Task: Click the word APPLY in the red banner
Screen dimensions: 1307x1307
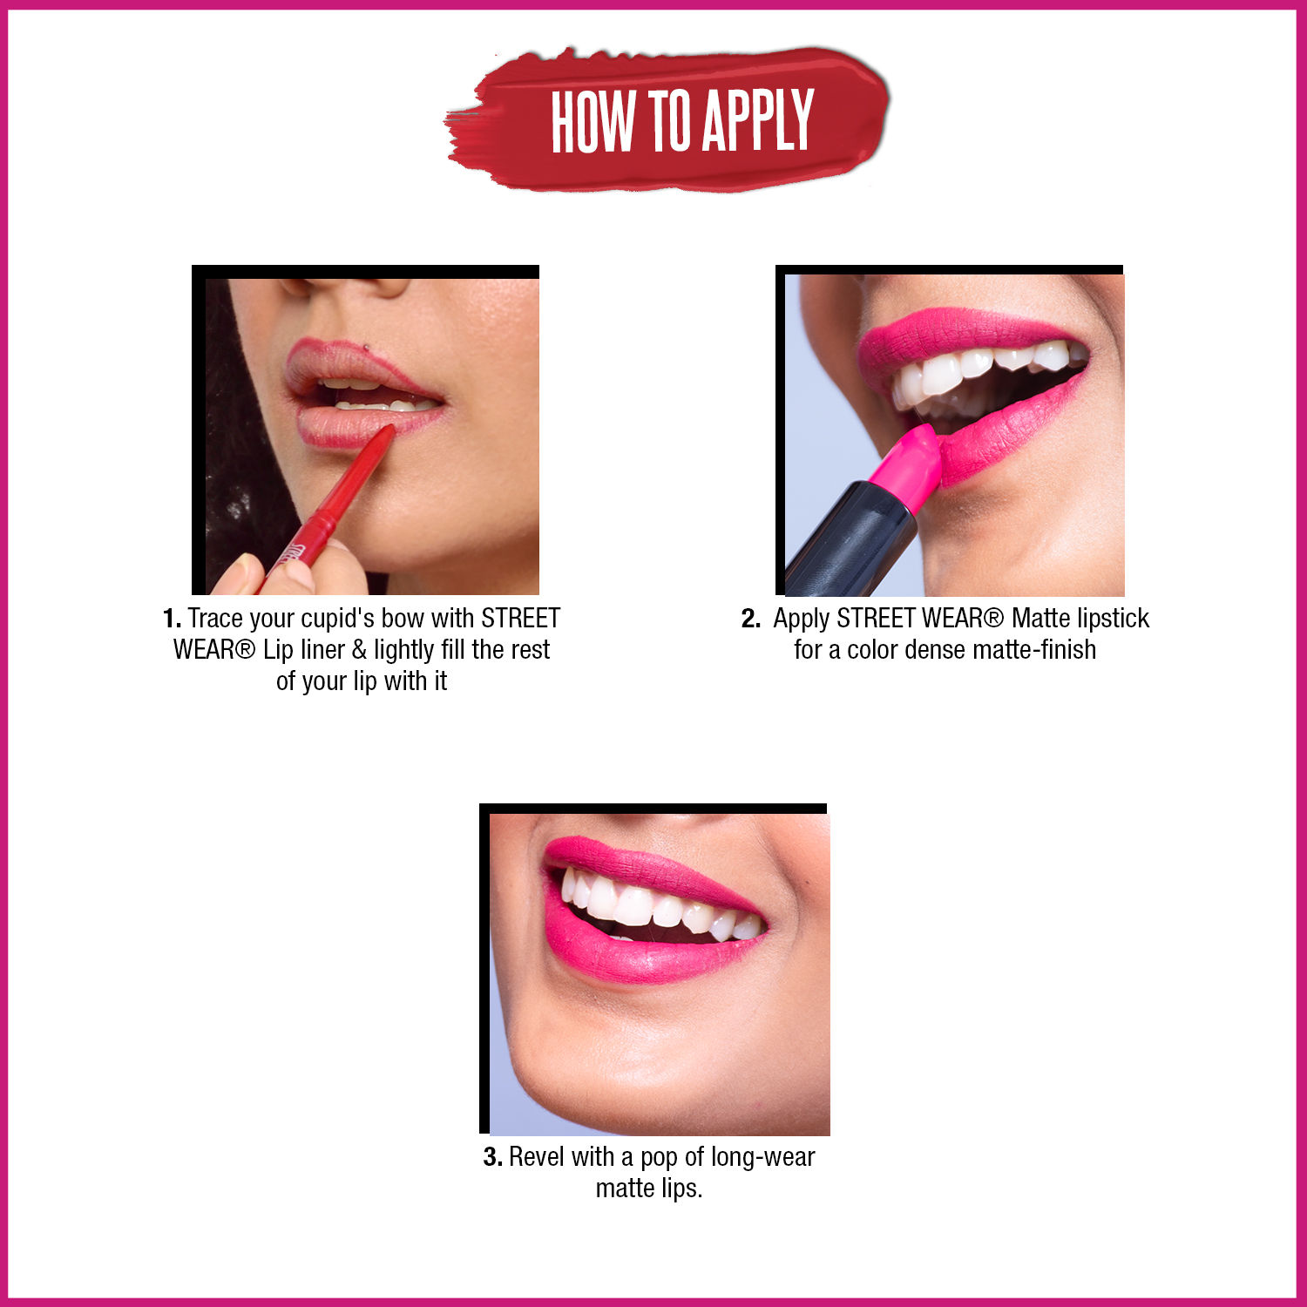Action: pos(758,120)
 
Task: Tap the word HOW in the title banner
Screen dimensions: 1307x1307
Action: pos(593,120)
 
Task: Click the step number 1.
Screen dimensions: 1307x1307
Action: pos(171,619)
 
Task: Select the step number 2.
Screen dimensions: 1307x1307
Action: pos(750,619)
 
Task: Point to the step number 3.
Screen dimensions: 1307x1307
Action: pos(492,1157)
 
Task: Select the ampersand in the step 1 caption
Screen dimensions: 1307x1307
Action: pos(358,650)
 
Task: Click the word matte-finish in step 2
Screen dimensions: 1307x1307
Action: pos(1038,650)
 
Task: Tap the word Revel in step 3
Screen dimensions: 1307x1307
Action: pos(536,1157)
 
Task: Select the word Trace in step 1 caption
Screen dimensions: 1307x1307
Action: pos(215,619)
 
